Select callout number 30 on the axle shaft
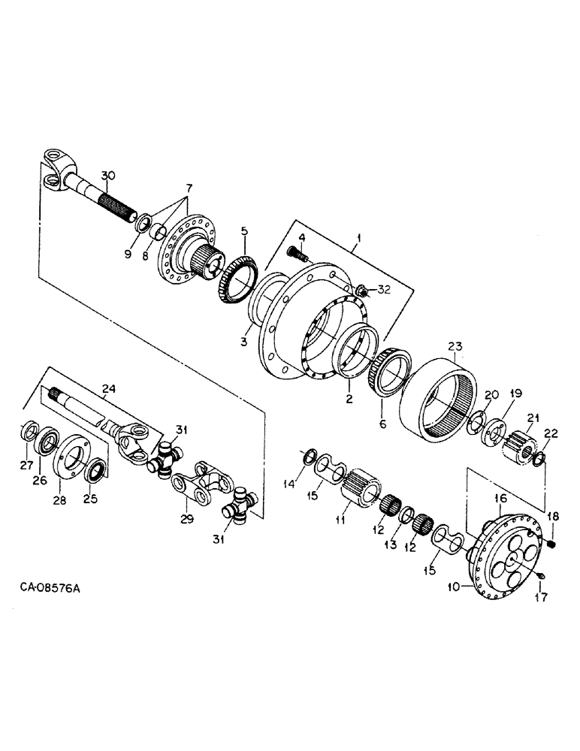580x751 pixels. [108, 176]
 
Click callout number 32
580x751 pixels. [384, 289]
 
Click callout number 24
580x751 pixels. [108, 389]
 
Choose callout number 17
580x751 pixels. [542, 598]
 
